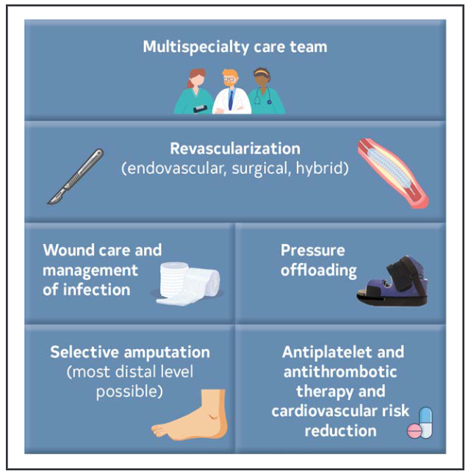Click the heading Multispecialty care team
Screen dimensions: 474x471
tap(234, 48)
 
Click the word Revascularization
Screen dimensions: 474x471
tap(234, 149)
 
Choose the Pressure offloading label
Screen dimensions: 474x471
tap(318, 260)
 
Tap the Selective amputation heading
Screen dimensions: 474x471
tap(129, 352)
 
